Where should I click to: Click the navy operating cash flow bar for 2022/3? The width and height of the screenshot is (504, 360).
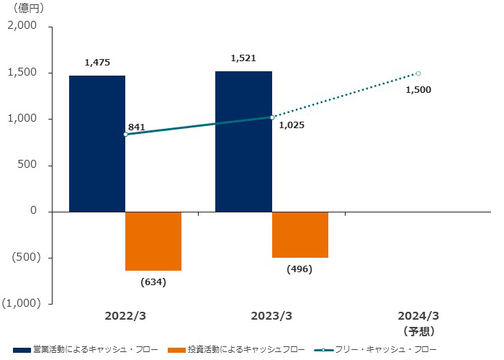97,143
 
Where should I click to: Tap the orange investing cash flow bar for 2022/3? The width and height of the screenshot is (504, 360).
153,241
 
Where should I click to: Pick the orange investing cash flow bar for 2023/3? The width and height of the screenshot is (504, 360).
300,235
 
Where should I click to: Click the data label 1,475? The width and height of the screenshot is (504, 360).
97,63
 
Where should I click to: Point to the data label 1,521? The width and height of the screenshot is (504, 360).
243,58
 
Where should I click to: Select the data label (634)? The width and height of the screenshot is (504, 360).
153,282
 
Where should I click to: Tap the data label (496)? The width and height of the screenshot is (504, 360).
300,269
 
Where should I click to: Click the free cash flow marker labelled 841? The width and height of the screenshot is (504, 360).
125,135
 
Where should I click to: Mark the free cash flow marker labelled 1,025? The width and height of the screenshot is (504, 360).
272,117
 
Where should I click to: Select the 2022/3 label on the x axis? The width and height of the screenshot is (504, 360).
125,316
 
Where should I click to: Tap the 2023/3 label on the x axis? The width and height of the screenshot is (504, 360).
271,316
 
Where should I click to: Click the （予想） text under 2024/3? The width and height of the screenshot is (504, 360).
418,331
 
